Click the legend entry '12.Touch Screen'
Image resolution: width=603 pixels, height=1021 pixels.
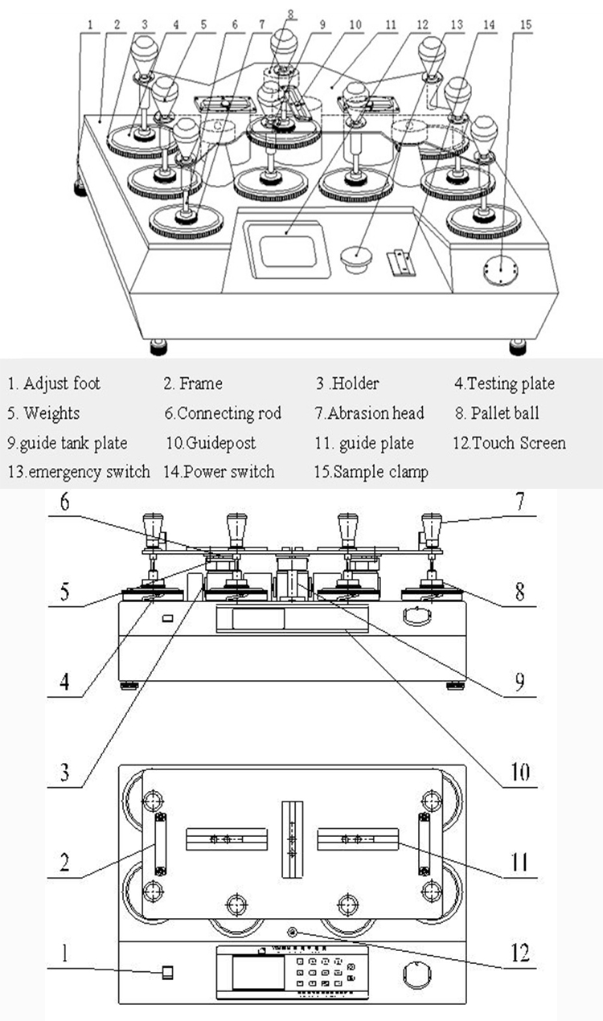point(509,443)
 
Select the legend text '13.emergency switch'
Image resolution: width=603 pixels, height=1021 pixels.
point(79,472)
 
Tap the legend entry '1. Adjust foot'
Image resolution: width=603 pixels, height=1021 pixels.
point(54,383)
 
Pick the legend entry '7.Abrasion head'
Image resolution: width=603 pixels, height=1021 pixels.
point(369,413)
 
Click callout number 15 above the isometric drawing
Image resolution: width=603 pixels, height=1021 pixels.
point(525,25)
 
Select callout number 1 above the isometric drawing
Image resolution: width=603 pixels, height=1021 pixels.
point(91,25)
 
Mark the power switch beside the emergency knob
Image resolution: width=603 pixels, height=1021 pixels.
point(400,262)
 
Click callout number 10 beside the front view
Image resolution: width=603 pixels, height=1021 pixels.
point(519,773)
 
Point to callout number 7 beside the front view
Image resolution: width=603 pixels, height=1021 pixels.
point(519,504)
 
